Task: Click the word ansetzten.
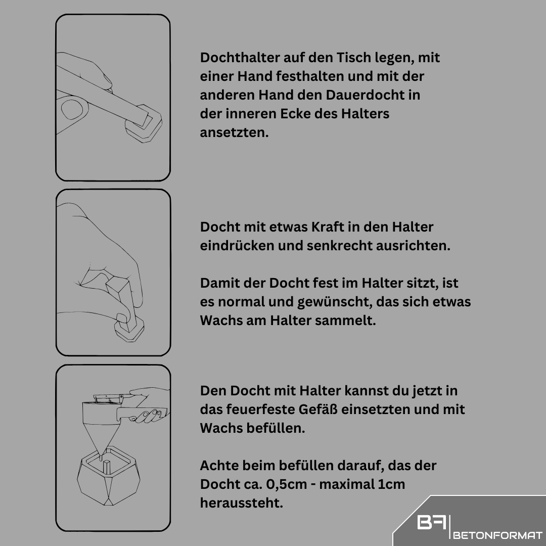coord(234,132)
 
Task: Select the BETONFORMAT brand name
coord(498,535)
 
